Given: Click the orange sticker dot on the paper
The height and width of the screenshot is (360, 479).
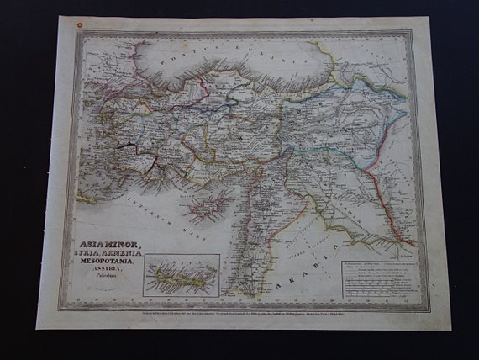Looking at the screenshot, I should pos(79,27).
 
